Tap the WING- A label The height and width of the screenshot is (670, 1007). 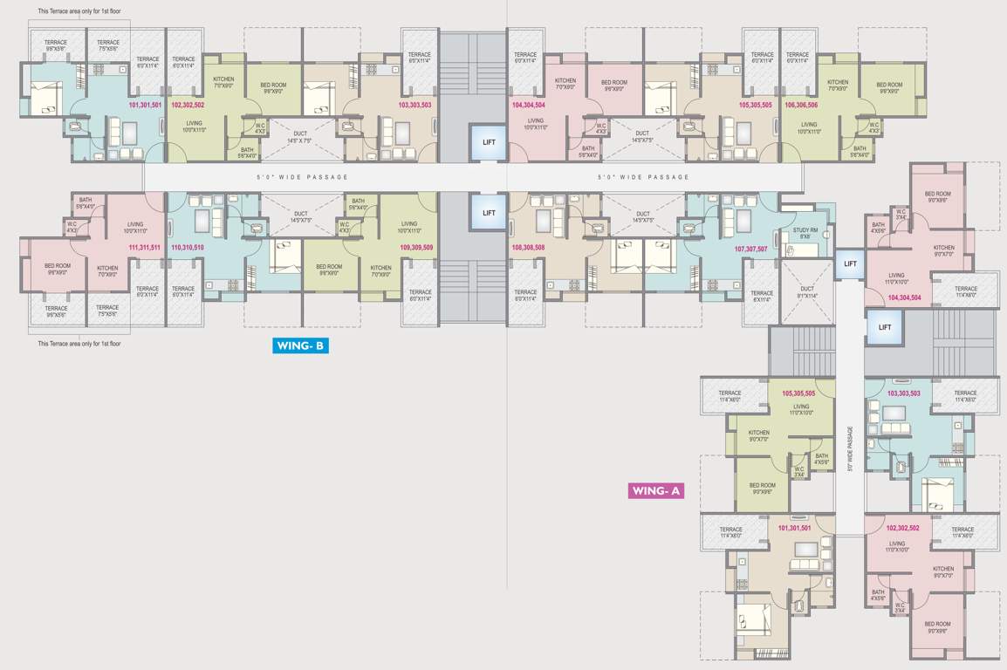click(656, 491)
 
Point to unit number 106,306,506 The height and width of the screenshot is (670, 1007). click(801, 105)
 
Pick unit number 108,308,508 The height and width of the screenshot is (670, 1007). click(528, 248)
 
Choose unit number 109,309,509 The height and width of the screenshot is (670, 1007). click(417, 248)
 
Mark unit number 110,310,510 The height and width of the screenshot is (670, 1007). click(188, 248)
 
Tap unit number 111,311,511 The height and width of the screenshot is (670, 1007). click(144, 248)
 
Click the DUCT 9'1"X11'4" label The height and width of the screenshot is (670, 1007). click(806, 292)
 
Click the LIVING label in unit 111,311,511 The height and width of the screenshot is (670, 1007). click(134, 227)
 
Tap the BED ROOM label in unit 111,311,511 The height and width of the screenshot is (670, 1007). click(58, 269)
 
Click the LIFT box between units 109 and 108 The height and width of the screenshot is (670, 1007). click(489, 213)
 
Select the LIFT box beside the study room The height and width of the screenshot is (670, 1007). click(850, 263)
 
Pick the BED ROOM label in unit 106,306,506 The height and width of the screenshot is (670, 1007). click(890, 87)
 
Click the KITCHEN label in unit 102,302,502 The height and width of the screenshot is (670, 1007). click(223, 83)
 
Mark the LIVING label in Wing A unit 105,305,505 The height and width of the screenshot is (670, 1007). click(801, 409)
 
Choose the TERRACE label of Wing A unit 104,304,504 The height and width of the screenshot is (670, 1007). click(965, 291)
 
